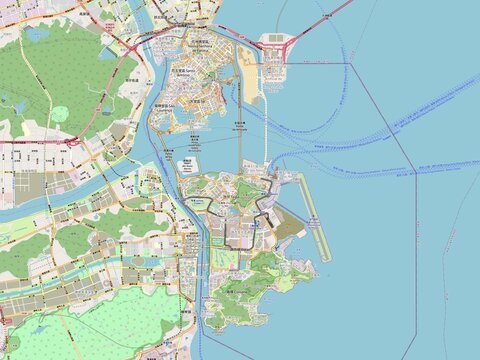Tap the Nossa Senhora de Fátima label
[200, 41]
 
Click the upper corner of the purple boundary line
[351, 64]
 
